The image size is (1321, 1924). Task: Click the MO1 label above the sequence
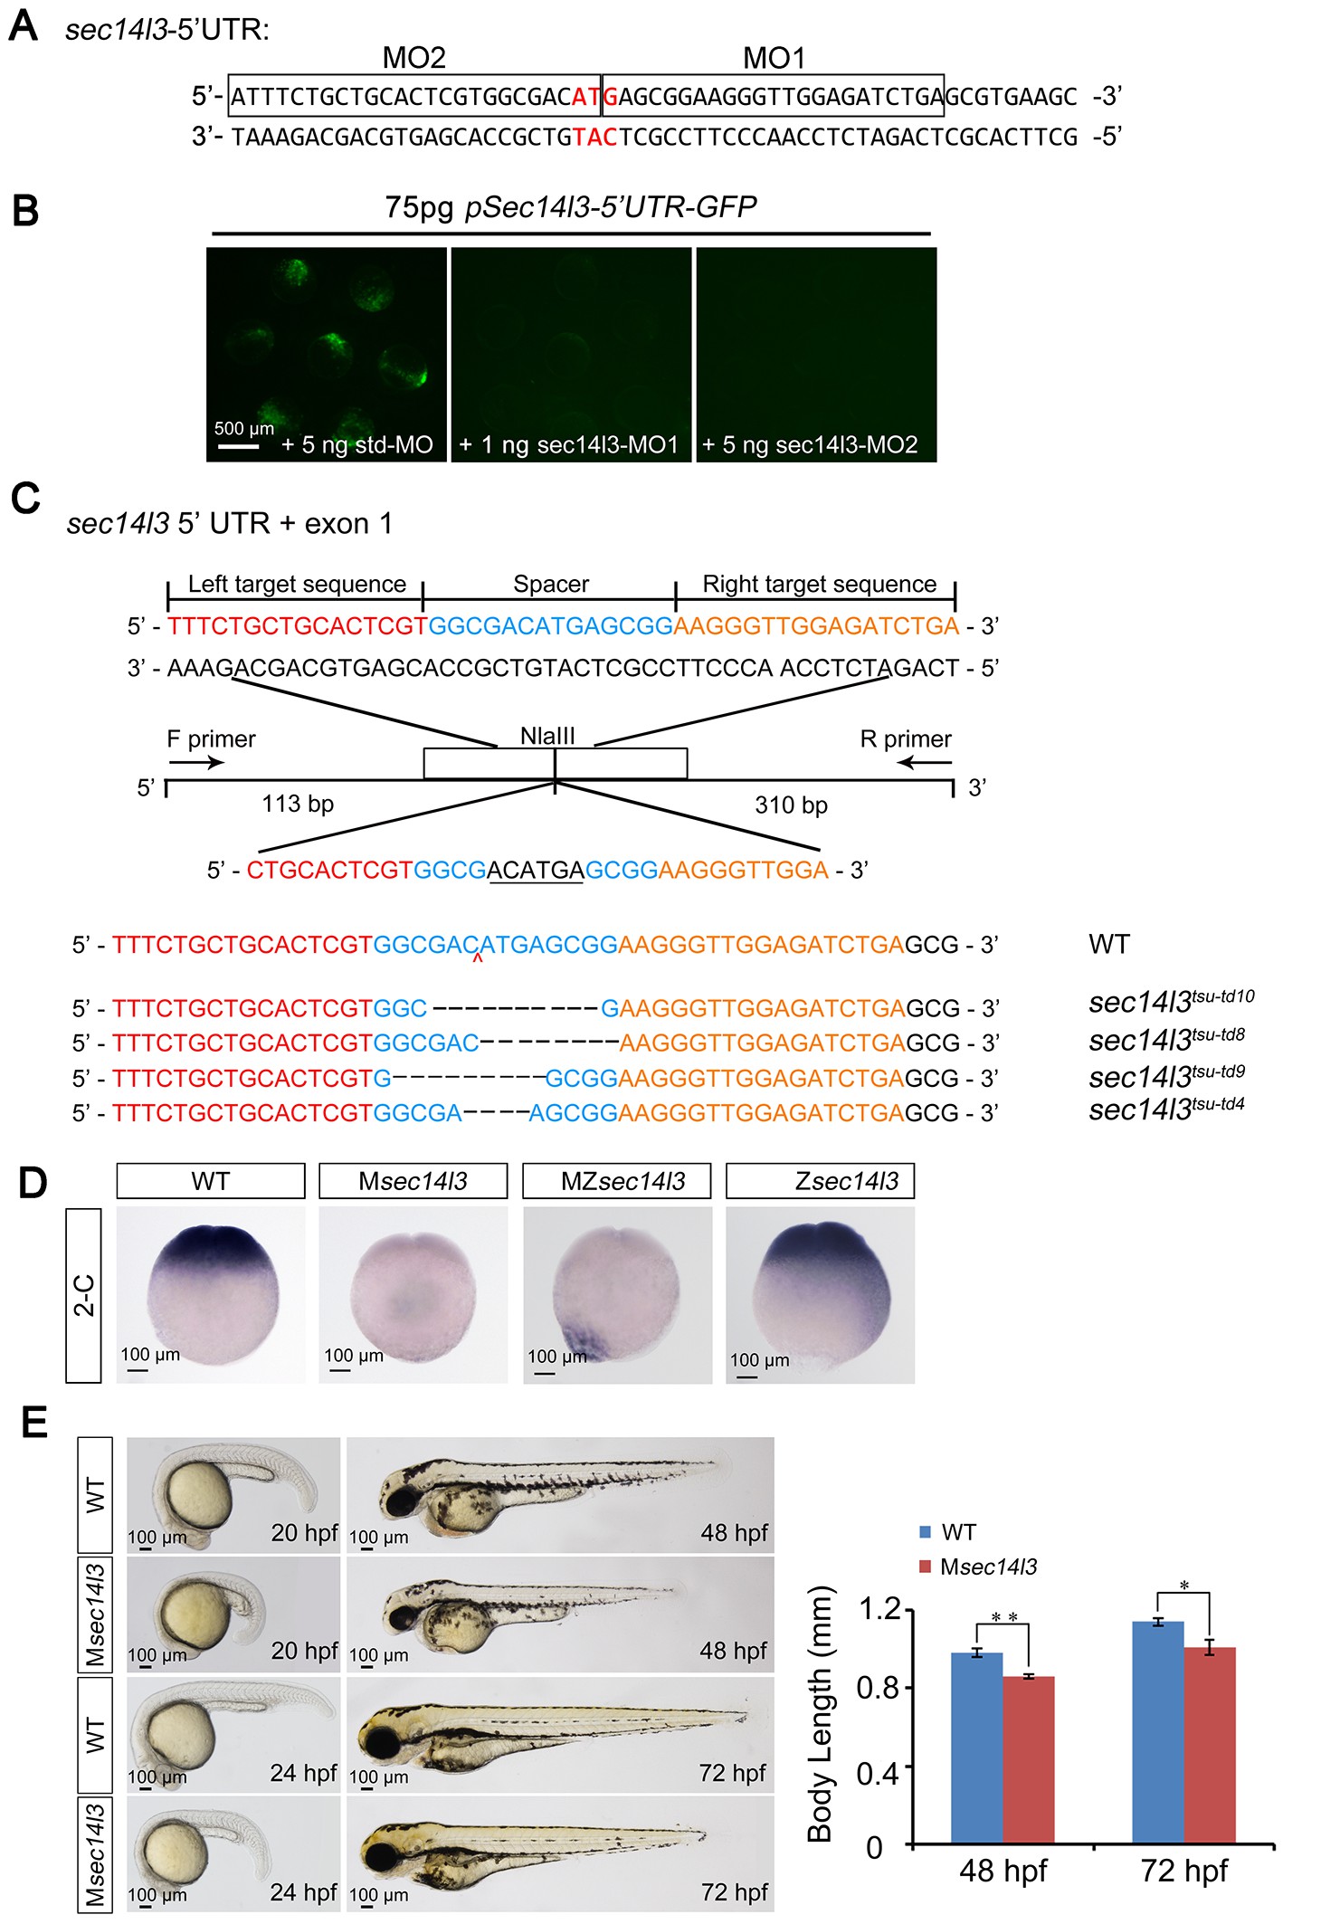coord(774,58)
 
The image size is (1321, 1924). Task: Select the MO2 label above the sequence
coord(414,58)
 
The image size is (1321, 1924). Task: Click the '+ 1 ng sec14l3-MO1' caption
coord(569,445)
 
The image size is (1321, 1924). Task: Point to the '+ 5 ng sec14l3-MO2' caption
coord(810,445)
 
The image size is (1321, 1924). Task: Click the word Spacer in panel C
coord(551,584)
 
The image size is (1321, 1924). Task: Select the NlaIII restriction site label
coord(547,736)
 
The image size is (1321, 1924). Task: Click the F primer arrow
coord(196,763)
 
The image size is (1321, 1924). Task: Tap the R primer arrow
coord(925,763)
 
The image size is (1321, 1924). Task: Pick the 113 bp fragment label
coord(298,804)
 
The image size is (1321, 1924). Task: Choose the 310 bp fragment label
coord(792,805)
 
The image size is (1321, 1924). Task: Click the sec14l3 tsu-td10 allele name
coord(1172,1001)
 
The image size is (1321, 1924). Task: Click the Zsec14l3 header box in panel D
coord(820,1181)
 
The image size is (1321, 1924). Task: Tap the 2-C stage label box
coord(83,1295)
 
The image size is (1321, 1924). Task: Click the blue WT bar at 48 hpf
coord(976,1748)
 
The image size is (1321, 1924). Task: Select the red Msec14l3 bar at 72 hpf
coord(1210,1745)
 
